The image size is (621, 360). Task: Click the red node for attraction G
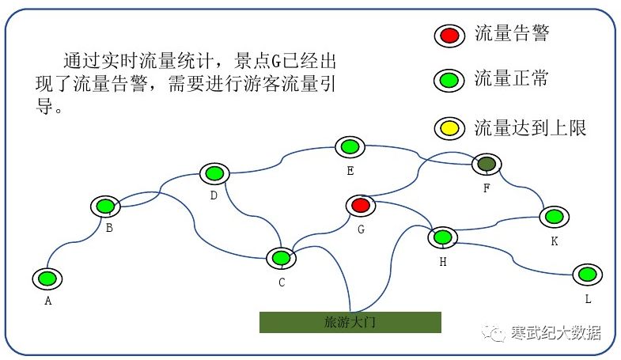(361, 206)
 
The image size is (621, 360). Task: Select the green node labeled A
(47, 279)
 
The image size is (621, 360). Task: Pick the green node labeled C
(280, 258)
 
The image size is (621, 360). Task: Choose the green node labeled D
(214, 173)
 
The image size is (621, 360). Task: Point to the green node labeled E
(349, 146)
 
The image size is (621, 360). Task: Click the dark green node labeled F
(487, 165)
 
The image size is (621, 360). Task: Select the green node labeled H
(443, 237)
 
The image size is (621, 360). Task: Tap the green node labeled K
(554, 216)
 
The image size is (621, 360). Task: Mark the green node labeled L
(587, 274)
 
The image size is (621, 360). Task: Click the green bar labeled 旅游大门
(350, 322)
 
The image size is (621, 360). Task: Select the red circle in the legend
(449, 35)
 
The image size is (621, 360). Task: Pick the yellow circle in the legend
(449, 127)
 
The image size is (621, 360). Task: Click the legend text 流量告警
(511, 34)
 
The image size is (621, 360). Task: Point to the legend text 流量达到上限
(530, 127)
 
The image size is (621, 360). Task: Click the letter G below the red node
(361, 230)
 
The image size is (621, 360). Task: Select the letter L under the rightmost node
(588, 299)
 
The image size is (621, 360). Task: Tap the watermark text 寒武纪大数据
(555, 333)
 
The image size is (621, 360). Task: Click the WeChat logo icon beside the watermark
(498, 333)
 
